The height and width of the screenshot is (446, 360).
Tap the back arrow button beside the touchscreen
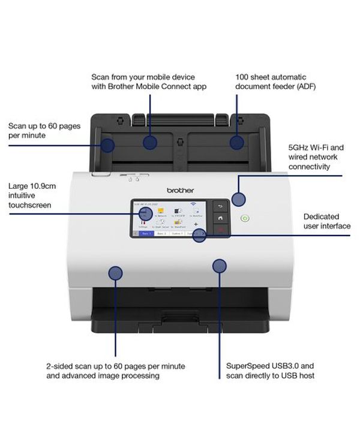[x=220, y=207]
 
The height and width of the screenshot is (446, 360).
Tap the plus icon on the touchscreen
[x=195, y=224]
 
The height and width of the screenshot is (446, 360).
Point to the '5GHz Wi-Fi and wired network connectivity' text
[x=316, y=156]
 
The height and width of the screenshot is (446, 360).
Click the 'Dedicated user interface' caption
[x=326, y=221]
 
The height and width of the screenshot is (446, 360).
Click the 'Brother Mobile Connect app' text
[x=149, y=86]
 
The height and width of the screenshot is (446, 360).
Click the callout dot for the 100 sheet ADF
[x=238, y=142]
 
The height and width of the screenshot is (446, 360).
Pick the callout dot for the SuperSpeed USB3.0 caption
[x=220, y=264]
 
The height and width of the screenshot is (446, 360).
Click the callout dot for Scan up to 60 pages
[x=108, y=144]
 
